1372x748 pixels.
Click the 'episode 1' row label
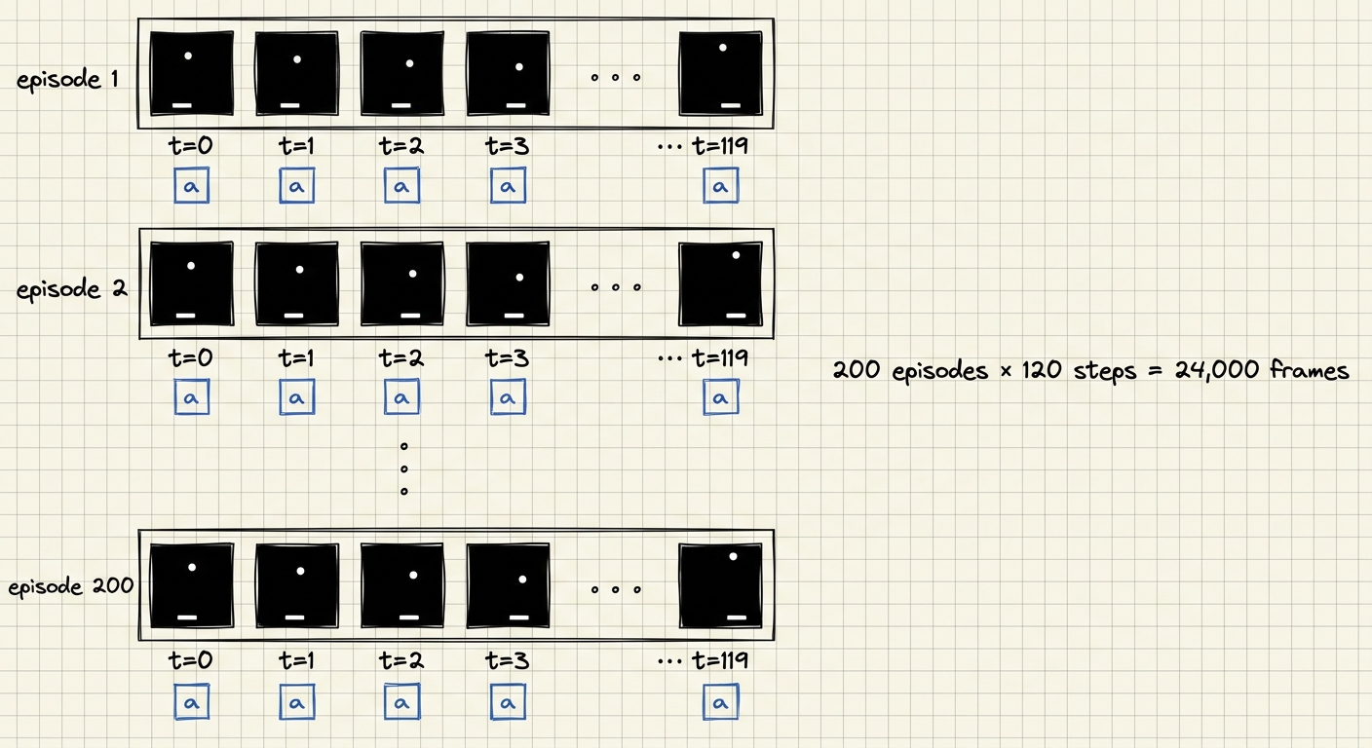[x=67, y=80]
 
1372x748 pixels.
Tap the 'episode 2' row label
[x=72, y=289]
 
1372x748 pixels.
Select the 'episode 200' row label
[x=70, y=586]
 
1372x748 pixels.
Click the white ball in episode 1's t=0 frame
[x=188, y=56]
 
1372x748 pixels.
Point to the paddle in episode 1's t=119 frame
[x=731, y=105]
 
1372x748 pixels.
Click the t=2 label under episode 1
[x=401, y=146]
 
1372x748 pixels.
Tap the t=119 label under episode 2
[x=720, y=356]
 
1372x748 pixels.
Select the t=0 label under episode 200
[x=190, y=659]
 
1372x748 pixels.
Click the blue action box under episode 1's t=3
[x=508, y=186]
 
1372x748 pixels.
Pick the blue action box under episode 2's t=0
[x=192, y=397]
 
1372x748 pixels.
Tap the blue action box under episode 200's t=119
[x=721, y=701]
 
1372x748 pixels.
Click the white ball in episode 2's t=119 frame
[x=736, y=255]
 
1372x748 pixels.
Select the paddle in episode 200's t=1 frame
[x=294, y=617]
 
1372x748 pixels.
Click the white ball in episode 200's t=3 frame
[x=522, y=580]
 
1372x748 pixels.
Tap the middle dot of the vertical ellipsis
[x=403, y=468]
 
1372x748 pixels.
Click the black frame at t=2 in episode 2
[x=401, y=283]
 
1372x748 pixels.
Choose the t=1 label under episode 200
[x=296, y=659]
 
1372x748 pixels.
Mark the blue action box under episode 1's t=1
[x=297, y=186]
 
